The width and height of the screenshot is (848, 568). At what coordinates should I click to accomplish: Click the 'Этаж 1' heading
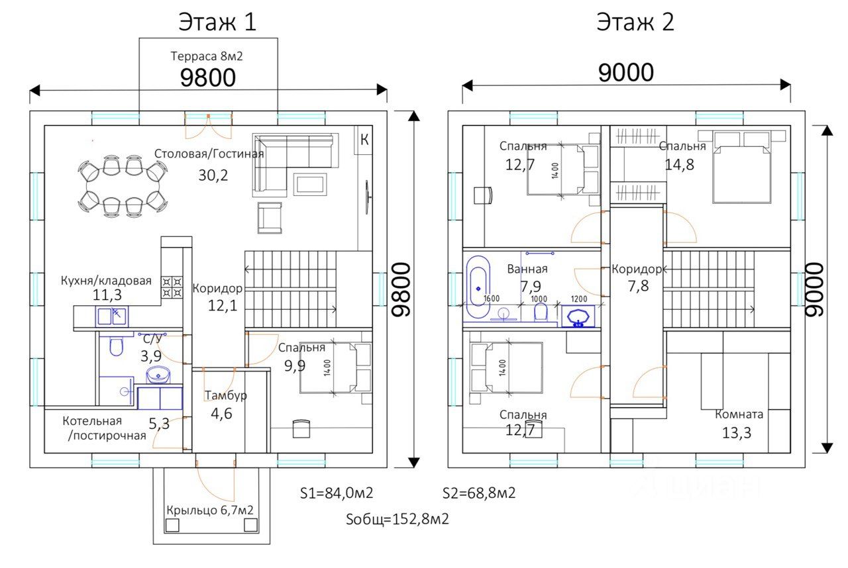pyautogui.click(x=217, y=22)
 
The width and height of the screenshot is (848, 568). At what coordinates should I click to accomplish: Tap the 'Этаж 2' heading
pyautogui.click(x=635, y=22)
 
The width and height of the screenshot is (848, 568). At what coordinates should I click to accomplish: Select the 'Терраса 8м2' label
pyautogui.click(x=206, y=56)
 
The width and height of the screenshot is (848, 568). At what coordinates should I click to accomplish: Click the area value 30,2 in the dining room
pyautogui.click(x=213, y=175)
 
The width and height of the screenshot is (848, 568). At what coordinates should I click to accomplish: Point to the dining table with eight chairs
pyautogui.click(x=123, y=186)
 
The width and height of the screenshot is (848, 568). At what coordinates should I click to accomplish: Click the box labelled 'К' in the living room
pyautogui.click(x=364, y=140)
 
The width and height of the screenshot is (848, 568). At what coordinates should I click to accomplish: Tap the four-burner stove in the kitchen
pyautogui.click(x=172, y=287)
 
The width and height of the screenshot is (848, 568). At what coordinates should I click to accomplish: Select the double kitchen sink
pyautogui.click(x=112, y=316)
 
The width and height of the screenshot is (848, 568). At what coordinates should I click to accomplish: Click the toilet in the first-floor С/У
pyautogui.click(x=116, y=346)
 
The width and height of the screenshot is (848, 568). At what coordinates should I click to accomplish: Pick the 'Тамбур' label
pyautogui.click(x=226, y=396)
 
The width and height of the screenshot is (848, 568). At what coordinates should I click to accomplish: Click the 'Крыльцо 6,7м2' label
pyautogui.click(x=210, y=510)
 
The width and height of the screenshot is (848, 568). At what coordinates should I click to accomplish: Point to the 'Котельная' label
pyautogui.click(x=92, y=420)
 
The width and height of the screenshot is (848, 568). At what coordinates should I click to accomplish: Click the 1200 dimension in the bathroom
pyautogui.click(x=579, y=299)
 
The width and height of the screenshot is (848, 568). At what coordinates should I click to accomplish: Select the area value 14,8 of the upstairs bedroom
pyautogui.click(x=680, y=164)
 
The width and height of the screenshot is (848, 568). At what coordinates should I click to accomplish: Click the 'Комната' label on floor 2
pyautogui.click(x=739, y=414)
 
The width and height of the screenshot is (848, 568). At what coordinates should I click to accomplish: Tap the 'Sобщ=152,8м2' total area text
pyautogui.click(x=397, y=519)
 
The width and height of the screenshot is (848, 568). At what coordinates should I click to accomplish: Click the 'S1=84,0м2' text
pyautogui.click(x=337, y=493)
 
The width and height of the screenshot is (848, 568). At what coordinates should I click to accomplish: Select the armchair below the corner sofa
pyautogui.click(x=270, y=218)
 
